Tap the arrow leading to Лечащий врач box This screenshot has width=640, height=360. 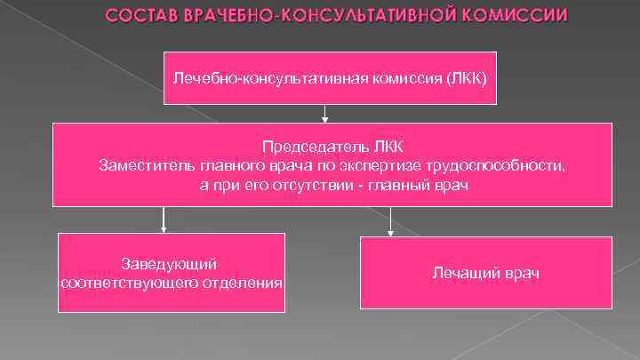(391, 222)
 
